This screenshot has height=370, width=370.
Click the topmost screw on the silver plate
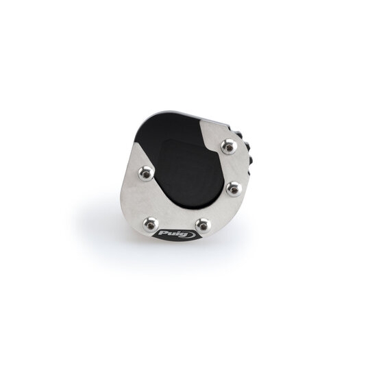(228, 147)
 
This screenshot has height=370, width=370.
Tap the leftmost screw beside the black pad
(146, 173)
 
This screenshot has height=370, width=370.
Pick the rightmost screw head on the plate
(234, 189)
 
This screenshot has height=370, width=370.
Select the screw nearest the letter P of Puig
(151, 225)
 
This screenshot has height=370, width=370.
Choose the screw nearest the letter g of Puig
(203, 226)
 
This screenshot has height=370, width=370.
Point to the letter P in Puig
(163, 234)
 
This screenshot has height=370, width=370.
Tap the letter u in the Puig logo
(171, 234)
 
